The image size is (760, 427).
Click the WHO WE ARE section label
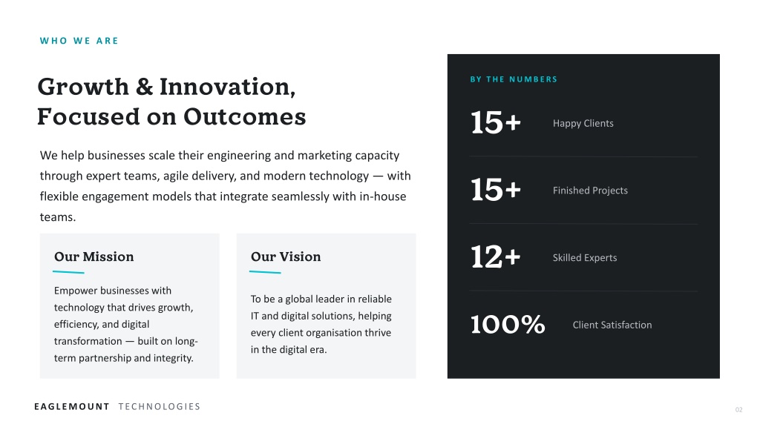coord(79,41)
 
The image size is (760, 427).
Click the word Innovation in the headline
coord(227,87)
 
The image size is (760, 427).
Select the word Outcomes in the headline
coord(244,116)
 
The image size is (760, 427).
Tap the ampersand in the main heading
coord(145,87)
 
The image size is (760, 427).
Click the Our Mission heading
coord(94,256)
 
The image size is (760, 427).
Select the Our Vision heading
coord(286,256)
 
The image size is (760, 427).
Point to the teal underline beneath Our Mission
coord(68,273)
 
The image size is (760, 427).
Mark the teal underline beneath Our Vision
coord(265,273)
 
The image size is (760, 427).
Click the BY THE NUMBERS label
coord(514,79)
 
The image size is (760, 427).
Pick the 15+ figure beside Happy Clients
coord(496,122)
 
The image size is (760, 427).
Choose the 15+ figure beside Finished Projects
coord(496,189)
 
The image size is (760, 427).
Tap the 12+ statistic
coord(496,256)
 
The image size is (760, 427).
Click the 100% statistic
coord(508,324)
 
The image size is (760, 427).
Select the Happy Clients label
coord(583,124)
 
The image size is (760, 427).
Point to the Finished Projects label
coord(590,191)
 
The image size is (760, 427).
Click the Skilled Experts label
coord(585,258)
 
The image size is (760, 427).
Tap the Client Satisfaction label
coord(612,325)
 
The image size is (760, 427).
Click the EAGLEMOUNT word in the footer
coord(72,407)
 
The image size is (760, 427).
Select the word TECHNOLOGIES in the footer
coord(159,407)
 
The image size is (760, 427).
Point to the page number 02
coord(738,409)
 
